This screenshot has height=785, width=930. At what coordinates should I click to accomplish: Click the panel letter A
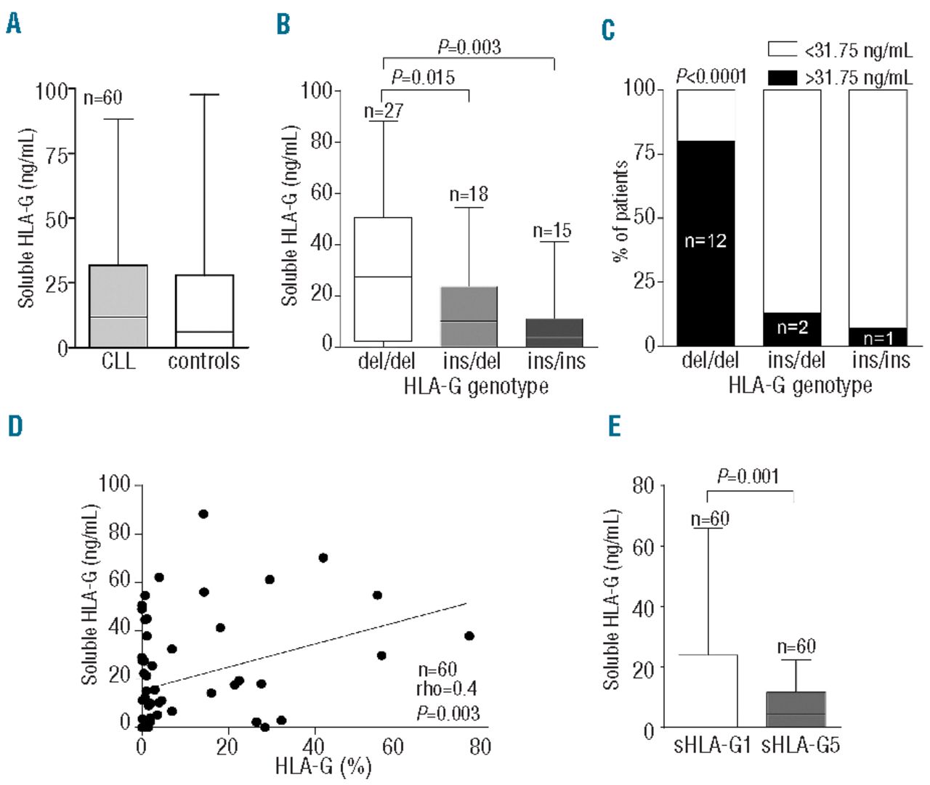click(13, 24)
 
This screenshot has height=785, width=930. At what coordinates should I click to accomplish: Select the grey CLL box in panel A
click(118, 305)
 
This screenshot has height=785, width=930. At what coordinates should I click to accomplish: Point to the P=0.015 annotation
click(423, 77)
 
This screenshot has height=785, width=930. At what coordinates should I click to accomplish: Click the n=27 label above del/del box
click(383, 111)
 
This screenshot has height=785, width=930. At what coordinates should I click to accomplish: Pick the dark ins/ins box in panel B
click(554, 331)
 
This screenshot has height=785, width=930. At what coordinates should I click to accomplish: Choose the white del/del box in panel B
click(383, 280)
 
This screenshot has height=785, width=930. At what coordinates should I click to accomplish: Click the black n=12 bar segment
click(705, 242)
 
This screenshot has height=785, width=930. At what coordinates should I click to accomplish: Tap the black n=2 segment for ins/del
click(792, 328)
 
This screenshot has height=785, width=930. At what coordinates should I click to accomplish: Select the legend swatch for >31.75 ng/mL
click(783, 77)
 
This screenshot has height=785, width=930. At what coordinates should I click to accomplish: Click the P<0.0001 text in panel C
click(711, 76)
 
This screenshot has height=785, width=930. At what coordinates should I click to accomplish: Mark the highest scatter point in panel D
click(203, 514)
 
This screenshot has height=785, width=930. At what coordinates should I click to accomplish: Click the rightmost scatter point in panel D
click(469, 636)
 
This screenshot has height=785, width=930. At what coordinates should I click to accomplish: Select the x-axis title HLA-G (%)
click(323, 765)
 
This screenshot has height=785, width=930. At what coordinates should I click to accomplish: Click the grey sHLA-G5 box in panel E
click(796, 709)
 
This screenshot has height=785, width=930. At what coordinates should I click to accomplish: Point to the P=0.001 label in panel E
click(748, 476)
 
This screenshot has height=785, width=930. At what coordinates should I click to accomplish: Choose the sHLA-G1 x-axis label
click(711, 745)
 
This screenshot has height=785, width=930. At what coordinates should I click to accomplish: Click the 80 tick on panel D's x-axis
click(480, 746)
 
